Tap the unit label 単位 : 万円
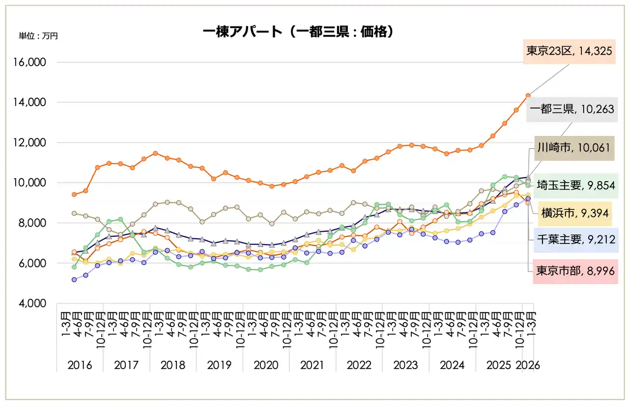[x=38, y=36]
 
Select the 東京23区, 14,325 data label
[x=570, y=51]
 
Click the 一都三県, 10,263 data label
[x=571, y=109]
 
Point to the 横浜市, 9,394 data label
[x=575, y=213]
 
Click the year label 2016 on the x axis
[x=80, y=365]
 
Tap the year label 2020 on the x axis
[x=266, y=365]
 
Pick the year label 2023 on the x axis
[x=406, y=365]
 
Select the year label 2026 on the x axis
[x=528, y=365]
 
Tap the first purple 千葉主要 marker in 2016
[x=74, y=280]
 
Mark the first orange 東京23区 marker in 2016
[x=74, y=194]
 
